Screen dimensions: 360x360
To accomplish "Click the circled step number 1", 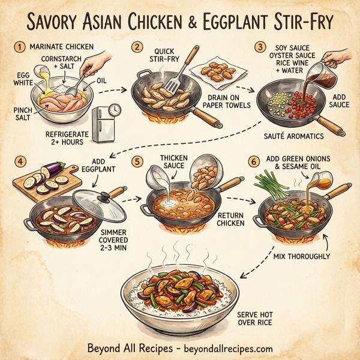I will (19, 46).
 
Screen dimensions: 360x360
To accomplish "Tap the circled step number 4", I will (19, 162).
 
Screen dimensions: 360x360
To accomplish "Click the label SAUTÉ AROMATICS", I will (293, 137).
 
